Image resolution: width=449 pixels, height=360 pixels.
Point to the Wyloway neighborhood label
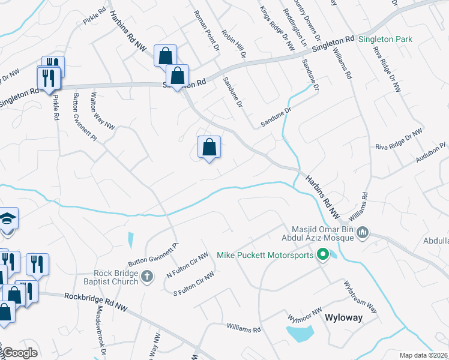point(343,317)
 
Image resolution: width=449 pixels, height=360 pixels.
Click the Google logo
point(19,353)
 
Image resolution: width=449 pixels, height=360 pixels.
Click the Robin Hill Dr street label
point(234,44)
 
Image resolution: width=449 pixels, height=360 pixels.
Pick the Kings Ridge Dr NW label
point(277,28)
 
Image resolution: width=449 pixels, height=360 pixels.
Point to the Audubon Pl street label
point(431,152)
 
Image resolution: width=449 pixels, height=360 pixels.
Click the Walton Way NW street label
point(102,110)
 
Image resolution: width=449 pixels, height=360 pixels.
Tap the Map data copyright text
point(423,355)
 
